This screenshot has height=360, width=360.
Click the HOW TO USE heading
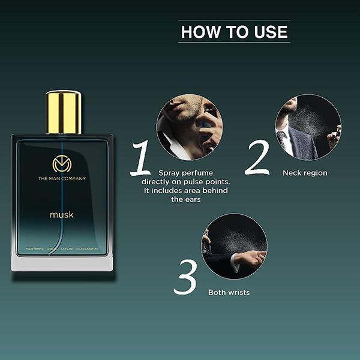coord(234,31)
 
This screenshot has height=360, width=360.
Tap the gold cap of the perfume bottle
coord(63,112)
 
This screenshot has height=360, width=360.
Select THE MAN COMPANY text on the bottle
coord(62,178)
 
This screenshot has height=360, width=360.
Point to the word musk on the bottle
coord(62,214)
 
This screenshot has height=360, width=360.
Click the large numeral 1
coord(142,159)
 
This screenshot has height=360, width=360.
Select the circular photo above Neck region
coord(308,127)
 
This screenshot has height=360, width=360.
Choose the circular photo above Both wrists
coord(234,246)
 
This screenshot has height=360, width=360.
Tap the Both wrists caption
coord(229,292)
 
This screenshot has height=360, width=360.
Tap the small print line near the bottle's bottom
coord(62,248)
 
